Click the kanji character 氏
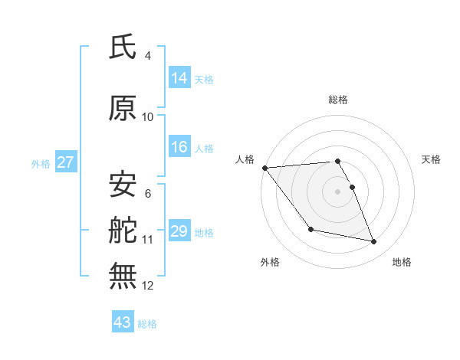coord(123,47)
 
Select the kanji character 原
coord(123,109)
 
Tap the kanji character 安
coord(123,184)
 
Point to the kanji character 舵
coord(123,229)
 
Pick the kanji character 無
coord(123,275)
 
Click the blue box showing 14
coord(179,77)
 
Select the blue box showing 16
coord(179,147)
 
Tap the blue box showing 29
coord(179,231)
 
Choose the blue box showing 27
coord(65,162)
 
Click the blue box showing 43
coord(123,322)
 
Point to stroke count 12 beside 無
coord(148,286)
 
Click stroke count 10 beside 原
coord(148,117)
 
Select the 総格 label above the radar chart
coord(338,100)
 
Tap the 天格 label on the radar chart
coord(432,159)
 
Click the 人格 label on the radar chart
coord(245,159)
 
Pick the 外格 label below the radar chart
coord(270,263)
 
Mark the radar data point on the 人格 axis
coord(264,168)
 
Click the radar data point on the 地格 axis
coord(374,242)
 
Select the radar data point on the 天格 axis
coord(352,187)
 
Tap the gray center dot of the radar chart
coord(337,191)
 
